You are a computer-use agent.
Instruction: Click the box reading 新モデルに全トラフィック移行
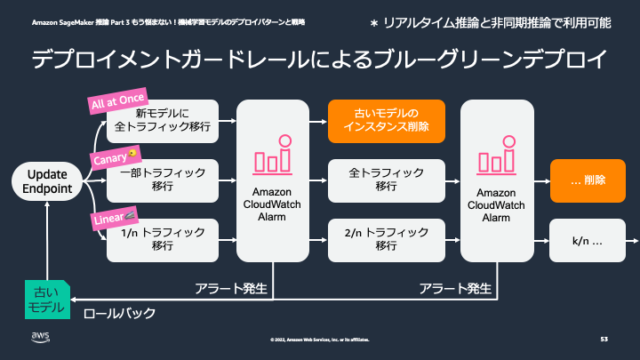coord(162,121)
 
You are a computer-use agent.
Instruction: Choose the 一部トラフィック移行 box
coord(162,180)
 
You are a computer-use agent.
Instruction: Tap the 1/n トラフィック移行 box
coord(162,239)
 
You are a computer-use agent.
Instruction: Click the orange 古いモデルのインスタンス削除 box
coord(385,121)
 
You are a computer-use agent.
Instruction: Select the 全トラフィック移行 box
coord(385,180)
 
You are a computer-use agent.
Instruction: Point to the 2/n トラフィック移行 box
coord(385,239)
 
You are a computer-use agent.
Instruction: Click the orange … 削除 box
coord(588,180)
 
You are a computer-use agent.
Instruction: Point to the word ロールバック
coord(120,313)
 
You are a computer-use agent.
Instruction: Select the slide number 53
coord(604,339)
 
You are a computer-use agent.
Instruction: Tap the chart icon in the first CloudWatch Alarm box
coord(272,154)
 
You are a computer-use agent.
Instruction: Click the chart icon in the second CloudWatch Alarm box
coord(497,154)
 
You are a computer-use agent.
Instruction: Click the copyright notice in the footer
coord(320,340)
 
